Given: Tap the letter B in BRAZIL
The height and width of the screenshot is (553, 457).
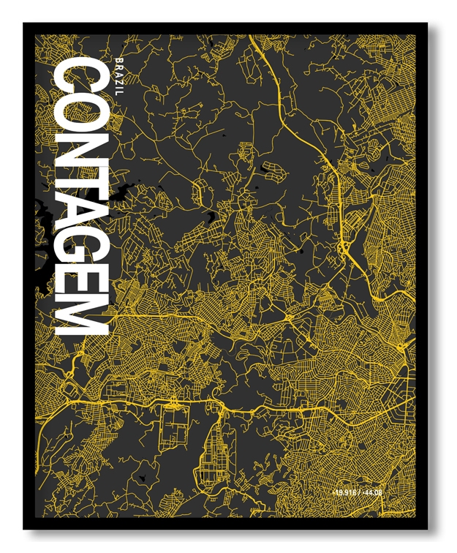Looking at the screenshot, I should (x=120, y=58).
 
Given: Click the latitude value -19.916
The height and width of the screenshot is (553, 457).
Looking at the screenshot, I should (x=344, y=492).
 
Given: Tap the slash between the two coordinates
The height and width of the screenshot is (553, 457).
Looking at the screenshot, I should (x=360, y=492).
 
